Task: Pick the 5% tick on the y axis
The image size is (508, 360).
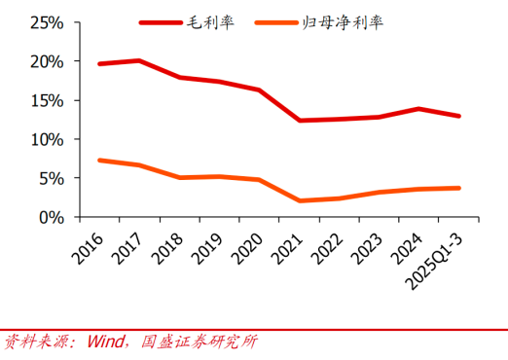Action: click(x=50, y=178)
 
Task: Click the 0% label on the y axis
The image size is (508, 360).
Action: click(x=50, y=217)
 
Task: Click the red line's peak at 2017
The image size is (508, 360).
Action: click(x=140, y=60)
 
